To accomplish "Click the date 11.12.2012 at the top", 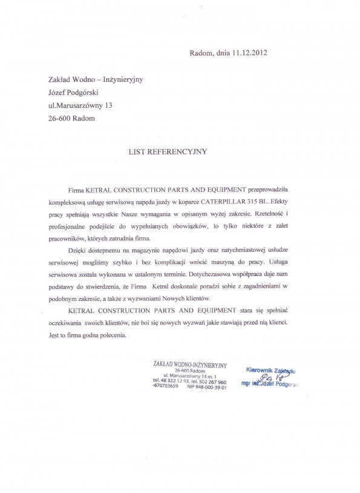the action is pyautogui.click(x=249, y=53).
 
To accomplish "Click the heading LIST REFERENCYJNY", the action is pyautogui.click(x=168, y=152).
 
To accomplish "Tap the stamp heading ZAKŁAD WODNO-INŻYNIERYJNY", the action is pyautogui.click(x=190, y=365).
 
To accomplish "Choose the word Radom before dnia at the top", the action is pyautogui.click(x=200, y=53).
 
